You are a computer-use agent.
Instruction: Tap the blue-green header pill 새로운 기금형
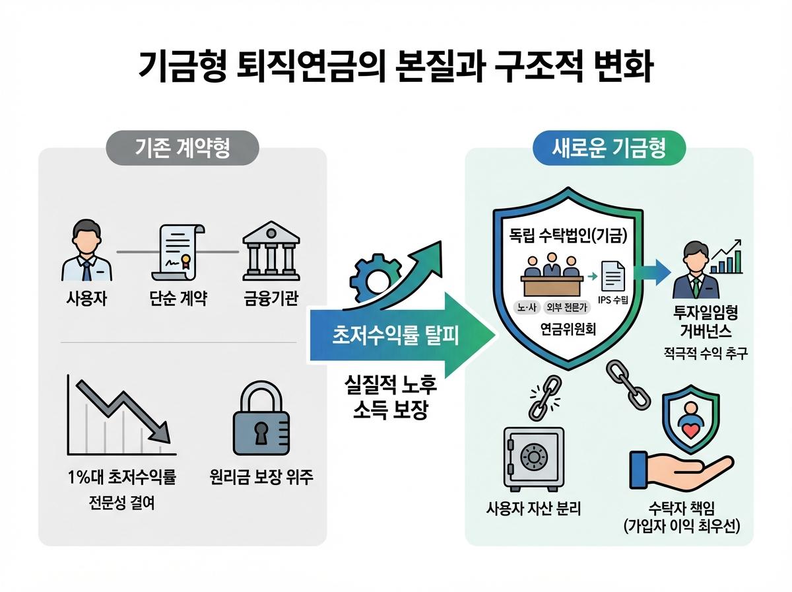pyautogui.click(x=609, y=147)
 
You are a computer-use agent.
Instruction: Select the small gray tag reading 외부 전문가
pyautogui.click(x=564, y=306)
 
